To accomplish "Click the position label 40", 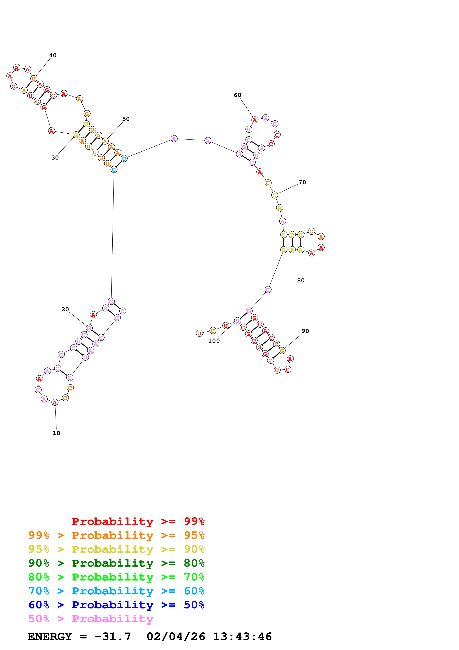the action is tap(53, 55).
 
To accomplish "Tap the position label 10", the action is tap(56, 433).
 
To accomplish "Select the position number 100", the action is tap(214, 341).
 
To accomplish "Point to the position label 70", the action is tap(302, 182).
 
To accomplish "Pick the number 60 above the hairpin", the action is tap(238, 95).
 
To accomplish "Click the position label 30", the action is tap(55, 158).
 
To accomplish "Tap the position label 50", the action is tap(126, 119).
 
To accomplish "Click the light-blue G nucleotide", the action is tap(114, 170).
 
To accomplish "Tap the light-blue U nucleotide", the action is tap(124, 159).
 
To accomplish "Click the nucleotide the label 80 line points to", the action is tap(301, 250).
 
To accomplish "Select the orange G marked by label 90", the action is tap(282, 351).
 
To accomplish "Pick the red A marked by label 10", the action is tap(55, 402).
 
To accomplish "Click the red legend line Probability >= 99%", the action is tap(138, 521).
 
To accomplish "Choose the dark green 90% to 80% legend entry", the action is tap(116, 563).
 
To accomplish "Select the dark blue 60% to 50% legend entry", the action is tap(116, 605).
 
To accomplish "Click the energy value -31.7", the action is tap(113, 636).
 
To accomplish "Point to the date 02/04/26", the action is tap(176, 636).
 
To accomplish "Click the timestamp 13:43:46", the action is tap(242, 636).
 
